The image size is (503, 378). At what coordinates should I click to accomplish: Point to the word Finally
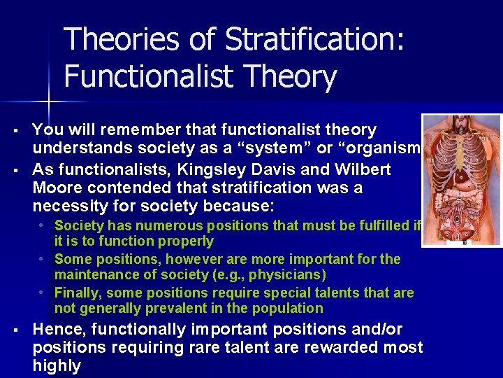78,293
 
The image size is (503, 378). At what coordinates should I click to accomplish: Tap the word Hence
56,329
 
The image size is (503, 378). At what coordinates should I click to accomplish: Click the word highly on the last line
57,365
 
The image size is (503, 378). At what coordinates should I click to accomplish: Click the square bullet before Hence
16,330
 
